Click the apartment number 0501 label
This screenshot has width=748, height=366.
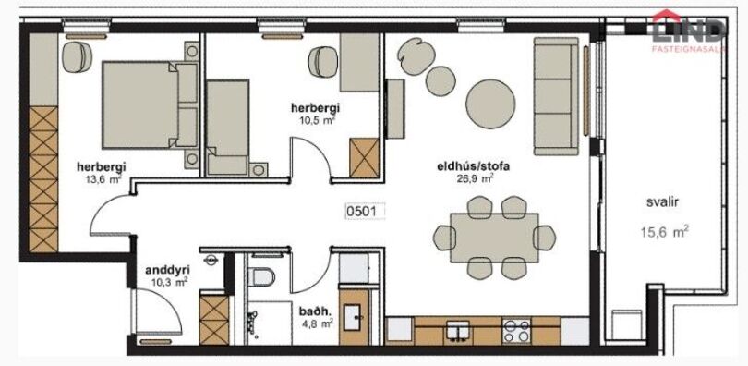click(365, 211)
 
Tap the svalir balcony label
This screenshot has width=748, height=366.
click(663, 202)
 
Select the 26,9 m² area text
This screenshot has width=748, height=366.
click(475, 179)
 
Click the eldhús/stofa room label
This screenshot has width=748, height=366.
click(474, 167)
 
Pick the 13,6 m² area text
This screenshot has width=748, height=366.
click(102, 179)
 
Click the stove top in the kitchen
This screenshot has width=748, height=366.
click(516, 330)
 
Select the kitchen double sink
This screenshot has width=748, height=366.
click(457, 330)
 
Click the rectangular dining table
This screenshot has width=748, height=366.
click(494, 238)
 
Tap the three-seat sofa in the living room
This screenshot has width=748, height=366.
click(556, 96)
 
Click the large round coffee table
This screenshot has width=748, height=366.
click(490, 104)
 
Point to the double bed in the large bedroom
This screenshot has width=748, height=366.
click(151, 105)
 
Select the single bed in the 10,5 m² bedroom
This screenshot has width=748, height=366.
click(227, 128)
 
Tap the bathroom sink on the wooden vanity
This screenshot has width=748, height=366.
click(353, 316)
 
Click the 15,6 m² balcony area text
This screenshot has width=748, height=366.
click(664, 232)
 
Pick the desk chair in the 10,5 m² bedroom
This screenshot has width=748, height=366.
click(323, 62)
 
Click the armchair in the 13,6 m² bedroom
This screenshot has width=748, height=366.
click(77, 56)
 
